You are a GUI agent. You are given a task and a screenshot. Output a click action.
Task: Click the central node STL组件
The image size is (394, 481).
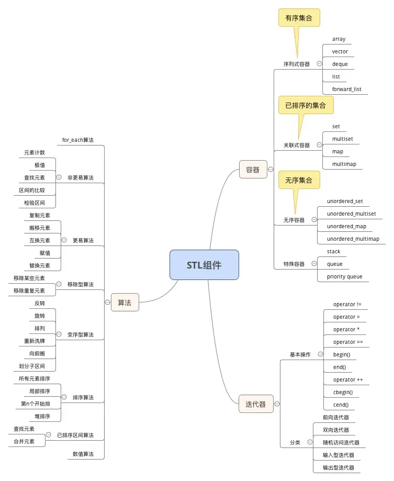[x=204, y=265]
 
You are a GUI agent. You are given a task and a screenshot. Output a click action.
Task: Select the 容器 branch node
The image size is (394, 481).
[x=253, y=170]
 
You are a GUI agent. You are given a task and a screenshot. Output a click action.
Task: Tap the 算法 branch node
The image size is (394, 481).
[x=125, y=303]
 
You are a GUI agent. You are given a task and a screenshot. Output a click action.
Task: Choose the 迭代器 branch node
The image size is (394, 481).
[x=256, y=404]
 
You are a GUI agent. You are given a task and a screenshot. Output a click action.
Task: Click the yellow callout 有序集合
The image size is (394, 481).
[x=299, y=18]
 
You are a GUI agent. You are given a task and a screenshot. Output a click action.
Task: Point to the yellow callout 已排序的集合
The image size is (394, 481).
[x=306, y=105]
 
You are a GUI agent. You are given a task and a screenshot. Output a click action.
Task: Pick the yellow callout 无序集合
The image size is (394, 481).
[x=299, y=180]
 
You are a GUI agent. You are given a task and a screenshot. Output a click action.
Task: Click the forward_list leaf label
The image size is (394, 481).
[x=346, y=89]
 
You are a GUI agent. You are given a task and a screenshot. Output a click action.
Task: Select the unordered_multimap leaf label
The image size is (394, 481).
[x=353, y=239]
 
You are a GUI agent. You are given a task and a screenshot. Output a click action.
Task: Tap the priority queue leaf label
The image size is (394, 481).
[x=344, y=276]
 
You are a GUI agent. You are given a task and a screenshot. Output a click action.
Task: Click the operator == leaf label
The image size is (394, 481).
[x=348, y=342]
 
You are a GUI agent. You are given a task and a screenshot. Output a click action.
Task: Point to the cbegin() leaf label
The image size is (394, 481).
[x=343, y=392]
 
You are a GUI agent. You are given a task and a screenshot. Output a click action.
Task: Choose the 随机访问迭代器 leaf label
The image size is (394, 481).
[x=341, y=442]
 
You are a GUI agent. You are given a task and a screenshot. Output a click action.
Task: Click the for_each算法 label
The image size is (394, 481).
[x=77, y=140]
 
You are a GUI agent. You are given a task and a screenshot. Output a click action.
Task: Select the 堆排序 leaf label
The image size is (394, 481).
[x=42, y=416]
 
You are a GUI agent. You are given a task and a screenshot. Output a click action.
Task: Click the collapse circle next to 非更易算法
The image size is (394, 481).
[x=59, y=177]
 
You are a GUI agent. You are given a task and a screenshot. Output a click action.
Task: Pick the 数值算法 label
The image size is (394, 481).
[x=83, y=454]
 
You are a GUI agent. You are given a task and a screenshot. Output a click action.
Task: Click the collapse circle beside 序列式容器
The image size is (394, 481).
[x=319, y=64]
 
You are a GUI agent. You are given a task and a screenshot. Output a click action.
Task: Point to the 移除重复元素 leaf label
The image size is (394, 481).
[x=29, y=290]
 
